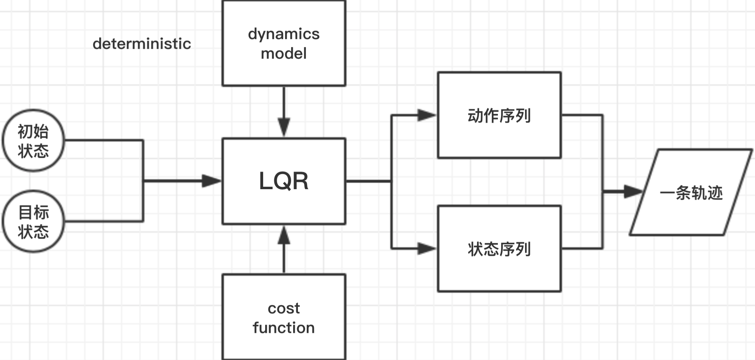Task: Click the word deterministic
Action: click(142, 44)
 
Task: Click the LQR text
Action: click(284, 181)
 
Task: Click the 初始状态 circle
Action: click(33, 141)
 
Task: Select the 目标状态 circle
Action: click(33, 222)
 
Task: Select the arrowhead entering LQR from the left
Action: click(211, 181)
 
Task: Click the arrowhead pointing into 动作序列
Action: click(426, 115)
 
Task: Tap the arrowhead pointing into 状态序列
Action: click(426, 248)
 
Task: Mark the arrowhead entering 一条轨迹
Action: click(633, 192)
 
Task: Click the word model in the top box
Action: click(284, 53)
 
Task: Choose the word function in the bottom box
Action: click(284, 328)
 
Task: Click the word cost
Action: click(284, 308)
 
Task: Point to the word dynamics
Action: click(284, 34)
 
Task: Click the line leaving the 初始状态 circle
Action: click(104, 140)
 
